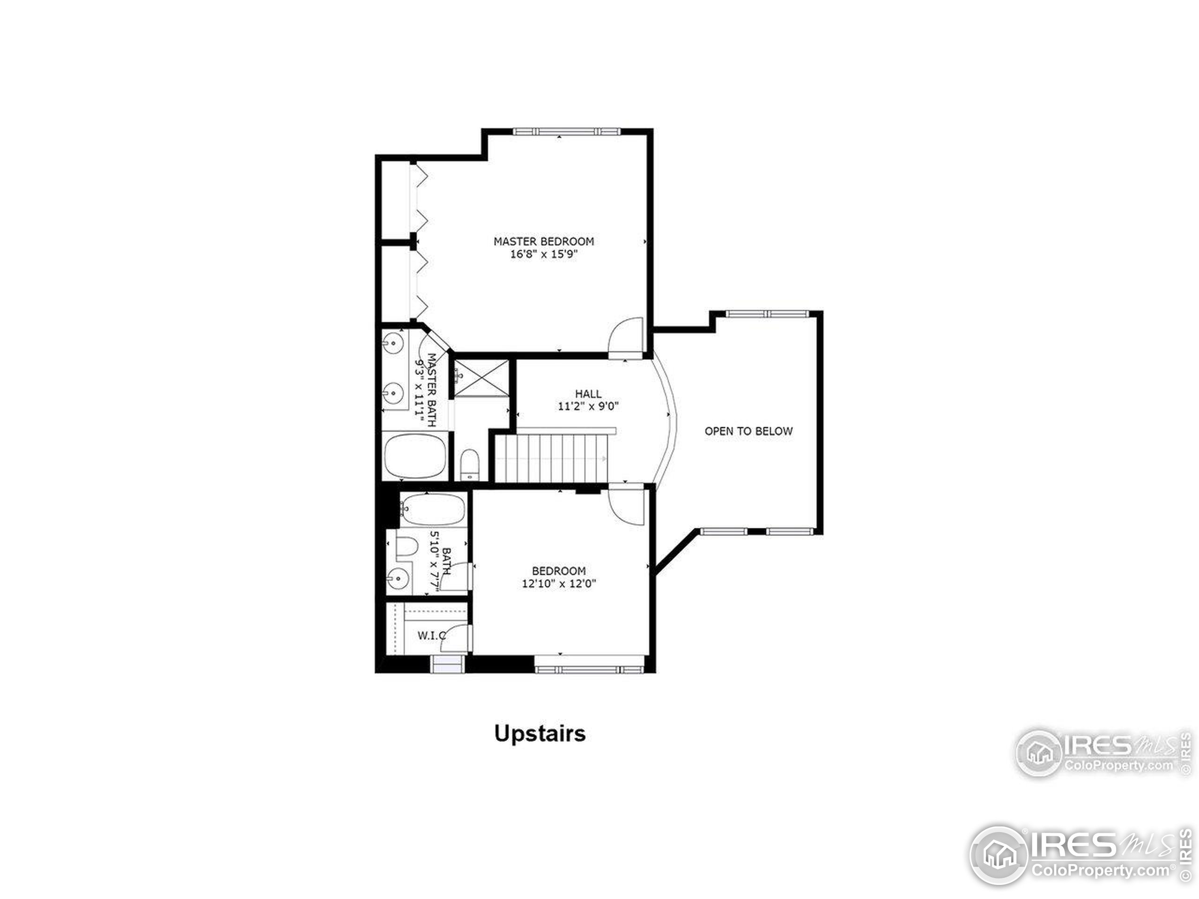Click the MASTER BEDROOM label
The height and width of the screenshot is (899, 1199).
pos(543,241)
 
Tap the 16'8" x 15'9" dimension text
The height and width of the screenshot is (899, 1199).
pos(544,255)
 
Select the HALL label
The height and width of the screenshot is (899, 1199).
pos(588,394)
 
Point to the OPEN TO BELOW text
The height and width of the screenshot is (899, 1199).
pos(748,431)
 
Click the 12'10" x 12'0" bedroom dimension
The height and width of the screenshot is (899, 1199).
pos(559,583)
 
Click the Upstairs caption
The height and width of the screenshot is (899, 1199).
pos(540,734)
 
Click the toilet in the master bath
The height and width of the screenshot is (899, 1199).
pos(469,464)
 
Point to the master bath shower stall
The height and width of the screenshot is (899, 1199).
pos(481,378)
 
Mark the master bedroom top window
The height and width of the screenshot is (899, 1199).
pos(566,131)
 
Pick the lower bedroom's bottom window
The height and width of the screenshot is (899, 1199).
pos(589,669)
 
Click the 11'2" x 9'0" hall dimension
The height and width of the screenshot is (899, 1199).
pos(588,406)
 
